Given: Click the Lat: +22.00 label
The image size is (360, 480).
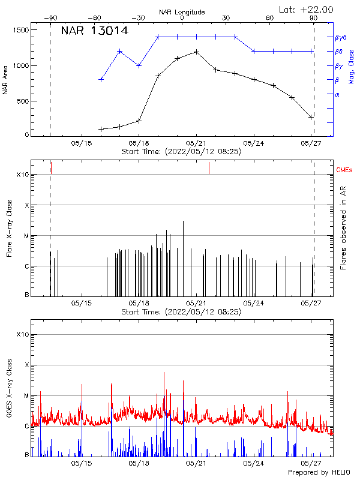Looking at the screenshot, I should click(307, 10).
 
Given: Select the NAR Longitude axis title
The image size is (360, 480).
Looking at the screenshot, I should click(182, 12).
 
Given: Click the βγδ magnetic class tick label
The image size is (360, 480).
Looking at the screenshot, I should click(340, 37).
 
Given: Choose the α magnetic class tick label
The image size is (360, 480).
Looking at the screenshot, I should click(337, 94).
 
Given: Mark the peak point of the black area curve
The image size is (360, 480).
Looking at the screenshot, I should click(196, 52).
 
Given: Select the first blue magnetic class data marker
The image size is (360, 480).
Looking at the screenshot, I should click(101, 79).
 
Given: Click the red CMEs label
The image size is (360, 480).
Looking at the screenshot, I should click(344, 170).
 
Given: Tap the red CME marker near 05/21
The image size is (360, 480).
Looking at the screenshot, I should click(209, 167).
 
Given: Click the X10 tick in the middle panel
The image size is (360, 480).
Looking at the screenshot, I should click(22, 175).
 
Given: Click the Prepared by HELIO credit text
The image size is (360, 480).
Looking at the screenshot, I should click(319, 473).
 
